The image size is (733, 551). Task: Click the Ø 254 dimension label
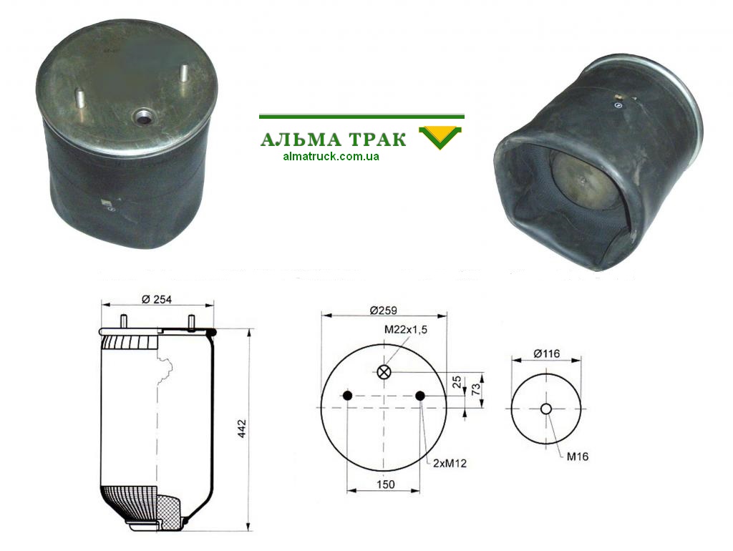tap(157, 300)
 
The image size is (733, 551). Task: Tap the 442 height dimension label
tap(242, 429)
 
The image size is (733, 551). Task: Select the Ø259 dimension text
tap(383, 310)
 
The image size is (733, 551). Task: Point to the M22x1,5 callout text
tap(406, 329)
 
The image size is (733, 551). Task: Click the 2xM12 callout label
tap(450, 463)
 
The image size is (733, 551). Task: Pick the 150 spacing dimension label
tap(386, 484)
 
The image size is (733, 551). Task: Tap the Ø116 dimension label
tap(546, 353)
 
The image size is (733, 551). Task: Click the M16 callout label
tap(578, 457)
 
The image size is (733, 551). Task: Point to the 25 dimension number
tap(457, 382)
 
